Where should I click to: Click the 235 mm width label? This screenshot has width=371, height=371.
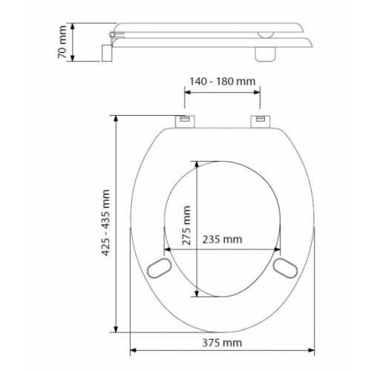pyautogui.click(x=222, y=240)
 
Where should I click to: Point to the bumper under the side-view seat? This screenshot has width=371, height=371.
pyautogui.click(x=264, y=53)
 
